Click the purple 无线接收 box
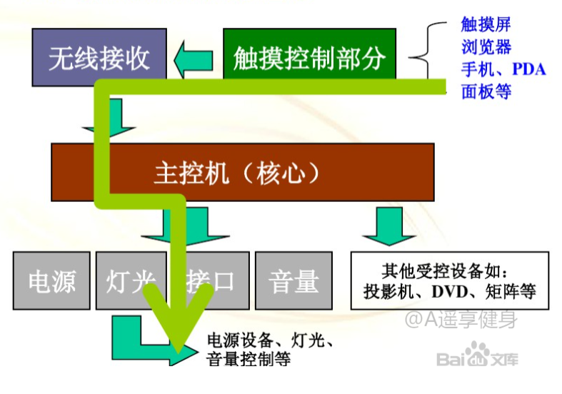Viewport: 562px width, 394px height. (99, 57)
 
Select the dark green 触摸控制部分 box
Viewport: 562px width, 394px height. (310, 54)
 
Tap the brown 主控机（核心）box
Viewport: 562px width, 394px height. (243, 172)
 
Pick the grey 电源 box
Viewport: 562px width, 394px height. (51, 281)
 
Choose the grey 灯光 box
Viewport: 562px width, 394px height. (131, 281)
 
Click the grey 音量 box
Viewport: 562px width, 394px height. (294, 281)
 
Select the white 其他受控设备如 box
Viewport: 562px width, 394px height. (450, 281)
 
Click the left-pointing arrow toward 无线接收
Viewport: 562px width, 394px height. (194, 59)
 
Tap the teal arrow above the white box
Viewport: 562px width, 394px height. (389, 226)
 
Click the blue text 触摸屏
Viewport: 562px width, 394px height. (486, 24)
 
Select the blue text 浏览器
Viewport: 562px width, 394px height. (486, 47)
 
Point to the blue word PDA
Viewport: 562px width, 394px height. (528, 69)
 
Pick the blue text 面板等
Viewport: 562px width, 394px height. (486, 91)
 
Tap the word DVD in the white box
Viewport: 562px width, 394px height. (450, 291)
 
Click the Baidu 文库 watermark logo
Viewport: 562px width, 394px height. (477, 355)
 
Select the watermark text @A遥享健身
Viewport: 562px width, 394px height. (461, 319)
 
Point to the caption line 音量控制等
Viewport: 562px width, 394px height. (249, 359)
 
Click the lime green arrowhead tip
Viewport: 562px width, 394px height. (178, 351)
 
